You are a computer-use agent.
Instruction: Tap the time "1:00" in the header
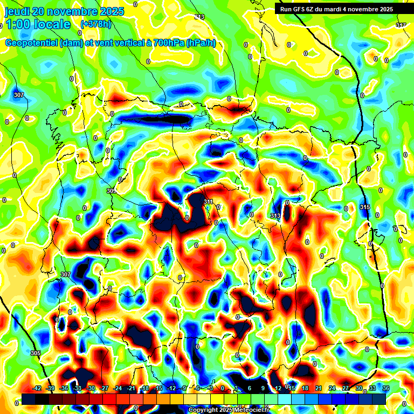[18, 24]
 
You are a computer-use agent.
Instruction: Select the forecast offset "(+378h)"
[96, 24]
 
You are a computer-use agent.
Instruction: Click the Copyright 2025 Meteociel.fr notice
[229, 410]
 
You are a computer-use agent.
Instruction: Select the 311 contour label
[209, 202]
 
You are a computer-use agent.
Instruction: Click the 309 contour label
[111, 191]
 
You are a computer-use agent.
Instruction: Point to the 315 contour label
[365, 207]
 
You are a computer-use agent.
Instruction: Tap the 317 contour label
[401, 25]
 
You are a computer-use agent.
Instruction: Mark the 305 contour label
[35, 353]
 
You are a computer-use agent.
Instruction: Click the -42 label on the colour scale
[37, 388]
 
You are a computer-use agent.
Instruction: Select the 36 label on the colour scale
[386, 388]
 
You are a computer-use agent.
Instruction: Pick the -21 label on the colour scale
[131, 388]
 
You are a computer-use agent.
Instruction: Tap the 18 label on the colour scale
[305, 388]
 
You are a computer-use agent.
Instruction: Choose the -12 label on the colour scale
[171, 388]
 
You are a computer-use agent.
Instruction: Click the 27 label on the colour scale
[346, 388]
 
